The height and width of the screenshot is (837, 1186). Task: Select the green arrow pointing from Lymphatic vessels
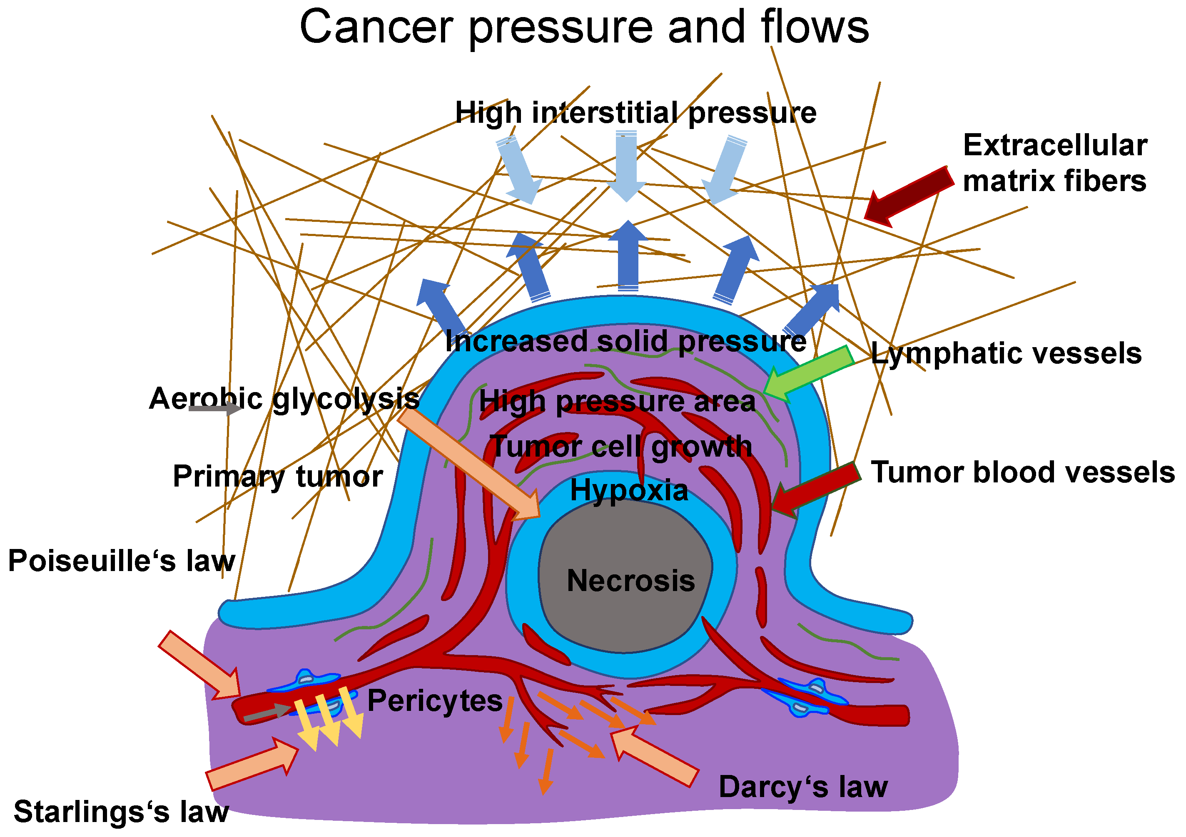coord(808,373)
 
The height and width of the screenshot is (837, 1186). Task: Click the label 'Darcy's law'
coord(803,787)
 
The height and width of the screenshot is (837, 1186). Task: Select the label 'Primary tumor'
coord(278,476)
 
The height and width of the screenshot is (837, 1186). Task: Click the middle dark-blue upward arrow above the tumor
coord(628,256)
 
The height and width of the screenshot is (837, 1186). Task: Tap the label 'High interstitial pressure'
coord(635,112)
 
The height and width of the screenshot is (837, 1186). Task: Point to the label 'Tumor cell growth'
coord(621,447)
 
